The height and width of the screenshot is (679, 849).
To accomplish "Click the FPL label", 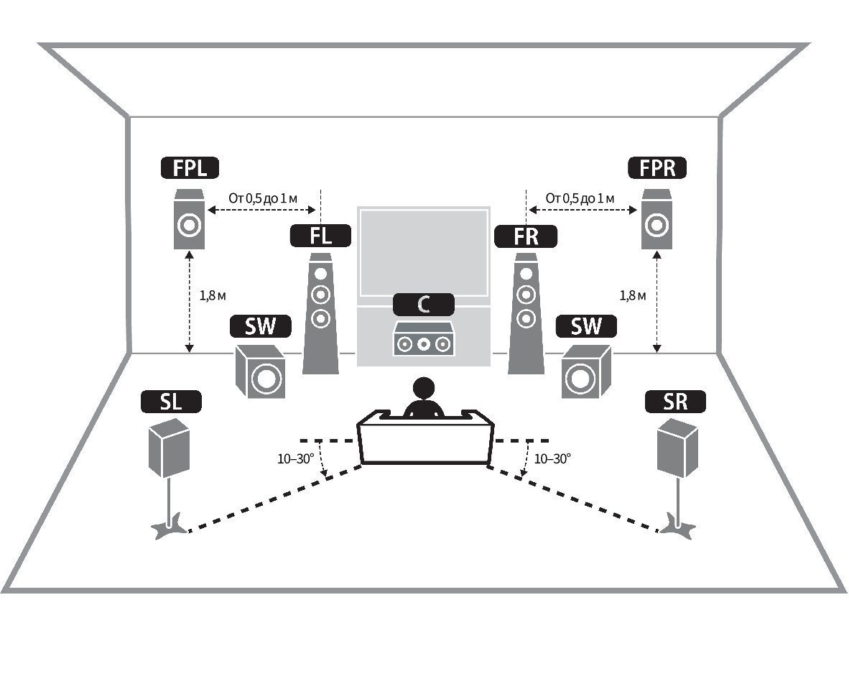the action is [190, 168].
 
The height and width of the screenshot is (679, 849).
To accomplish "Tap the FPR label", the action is [657, 168].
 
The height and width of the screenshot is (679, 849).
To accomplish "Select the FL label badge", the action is [320, 236].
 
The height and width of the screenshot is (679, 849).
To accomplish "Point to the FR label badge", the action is [526, 236].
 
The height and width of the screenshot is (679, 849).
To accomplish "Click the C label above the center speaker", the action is [423, 305].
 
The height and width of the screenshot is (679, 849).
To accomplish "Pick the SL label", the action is [171, 402].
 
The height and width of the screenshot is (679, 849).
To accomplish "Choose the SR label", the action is [675, 402].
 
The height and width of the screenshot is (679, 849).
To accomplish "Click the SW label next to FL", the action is [261, 326].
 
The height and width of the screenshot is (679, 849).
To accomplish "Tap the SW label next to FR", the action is [586, 326].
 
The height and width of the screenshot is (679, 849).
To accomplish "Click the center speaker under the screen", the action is [423, 339].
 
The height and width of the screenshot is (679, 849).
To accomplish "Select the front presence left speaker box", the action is [189, 219].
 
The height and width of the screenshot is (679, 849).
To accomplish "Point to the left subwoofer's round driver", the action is [266, 377].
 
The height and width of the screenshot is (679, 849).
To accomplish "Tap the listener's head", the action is [423, 388].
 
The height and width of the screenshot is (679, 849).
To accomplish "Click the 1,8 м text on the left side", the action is [213, 295].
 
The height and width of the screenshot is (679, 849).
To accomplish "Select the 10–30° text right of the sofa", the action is [552, 459].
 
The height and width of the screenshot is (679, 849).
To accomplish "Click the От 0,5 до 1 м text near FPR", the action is [580, 198].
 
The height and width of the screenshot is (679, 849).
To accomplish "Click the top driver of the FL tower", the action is [320, 274].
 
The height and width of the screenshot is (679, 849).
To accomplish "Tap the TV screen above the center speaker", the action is [423, 251].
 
